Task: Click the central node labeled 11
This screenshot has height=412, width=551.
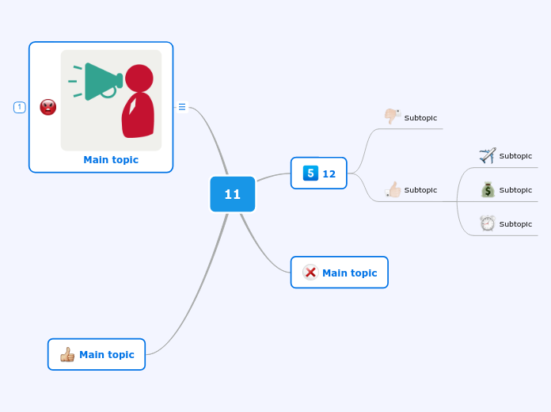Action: [232, 194]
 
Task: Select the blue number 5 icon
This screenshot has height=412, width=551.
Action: [310, 173]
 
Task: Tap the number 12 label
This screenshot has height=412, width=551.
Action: [329, 174]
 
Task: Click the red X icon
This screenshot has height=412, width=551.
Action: [310, 273]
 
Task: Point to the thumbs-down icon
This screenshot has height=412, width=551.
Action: [392, 116]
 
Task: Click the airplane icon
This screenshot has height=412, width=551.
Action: [487, 155]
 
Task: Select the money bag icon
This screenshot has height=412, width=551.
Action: [487, 189]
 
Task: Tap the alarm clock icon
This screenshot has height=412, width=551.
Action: [487, 223]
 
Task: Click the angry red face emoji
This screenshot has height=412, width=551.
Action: [48, 107]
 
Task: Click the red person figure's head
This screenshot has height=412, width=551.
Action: [139, 78]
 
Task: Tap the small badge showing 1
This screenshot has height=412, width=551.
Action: [20, 107]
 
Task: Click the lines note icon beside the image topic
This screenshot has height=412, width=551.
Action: [182, 107]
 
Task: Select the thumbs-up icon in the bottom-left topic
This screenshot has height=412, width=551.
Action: [67, 354]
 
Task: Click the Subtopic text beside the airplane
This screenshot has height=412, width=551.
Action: [515, 156]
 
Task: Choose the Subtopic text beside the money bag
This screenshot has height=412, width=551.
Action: [515, 190]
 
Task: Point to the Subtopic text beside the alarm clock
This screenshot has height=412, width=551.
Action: [515, 224]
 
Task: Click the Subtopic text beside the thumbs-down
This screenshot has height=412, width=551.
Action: [420, 118]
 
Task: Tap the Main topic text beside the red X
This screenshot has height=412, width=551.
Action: [349, 273]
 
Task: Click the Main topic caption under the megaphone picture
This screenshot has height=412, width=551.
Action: [111, 159]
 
